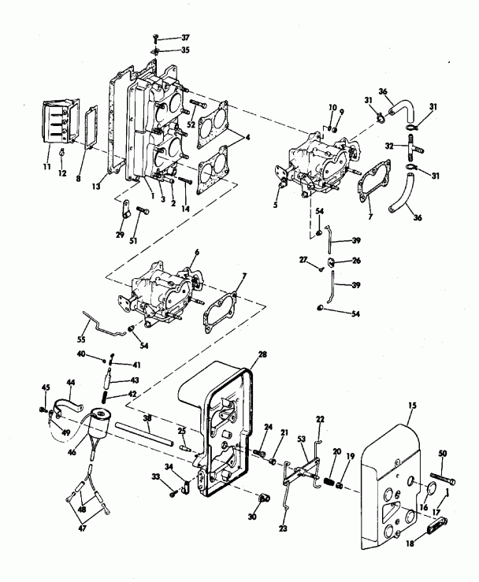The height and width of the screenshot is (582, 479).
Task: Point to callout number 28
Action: pos(262,356)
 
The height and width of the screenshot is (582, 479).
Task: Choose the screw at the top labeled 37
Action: pos(156,38)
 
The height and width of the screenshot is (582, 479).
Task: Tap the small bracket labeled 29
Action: pos(124,210)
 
